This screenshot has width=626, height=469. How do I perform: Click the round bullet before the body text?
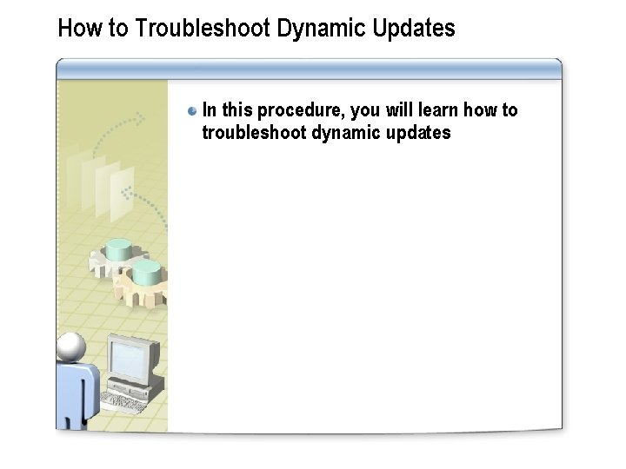(192, 111)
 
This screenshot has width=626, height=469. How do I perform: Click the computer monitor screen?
(130, 355)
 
